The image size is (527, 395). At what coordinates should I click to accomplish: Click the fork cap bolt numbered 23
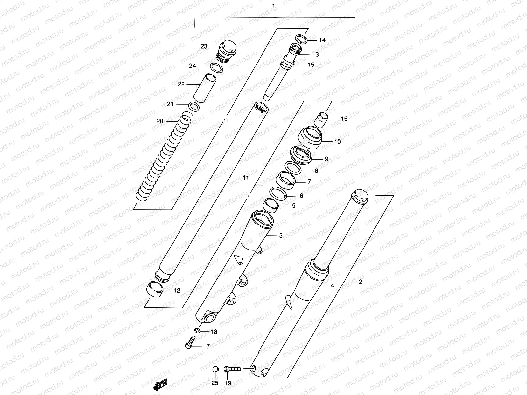226,51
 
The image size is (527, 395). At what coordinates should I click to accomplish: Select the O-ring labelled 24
216,68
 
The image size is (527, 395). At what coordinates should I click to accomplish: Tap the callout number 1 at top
273,6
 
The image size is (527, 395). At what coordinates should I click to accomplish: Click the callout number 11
245,178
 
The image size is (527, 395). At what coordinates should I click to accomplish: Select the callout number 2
360,282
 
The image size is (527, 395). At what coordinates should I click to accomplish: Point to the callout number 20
160,121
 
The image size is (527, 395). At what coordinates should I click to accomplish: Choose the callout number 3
281,235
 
